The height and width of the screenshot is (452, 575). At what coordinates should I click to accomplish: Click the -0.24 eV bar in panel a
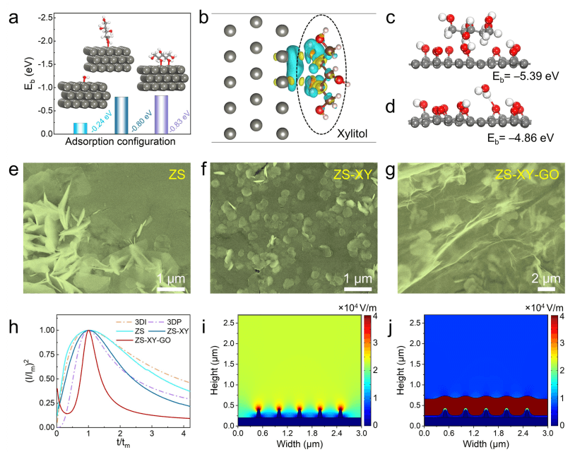(81, 128)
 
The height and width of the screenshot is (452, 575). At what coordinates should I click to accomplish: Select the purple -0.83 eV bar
(161, 114)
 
